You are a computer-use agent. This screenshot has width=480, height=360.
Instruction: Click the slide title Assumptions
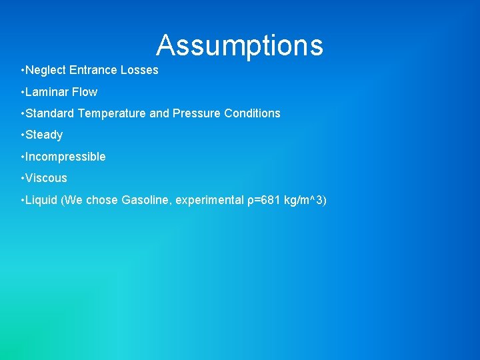click(239, 45)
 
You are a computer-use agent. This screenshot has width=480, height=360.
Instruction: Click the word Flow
click(85, 92)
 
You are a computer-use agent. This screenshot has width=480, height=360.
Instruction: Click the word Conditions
click(252, 113)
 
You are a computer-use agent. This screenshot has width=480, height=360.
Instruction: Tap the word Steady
click(44, 135)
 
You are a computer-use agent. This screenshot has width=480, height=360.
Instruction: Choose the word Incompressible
click(65, 157)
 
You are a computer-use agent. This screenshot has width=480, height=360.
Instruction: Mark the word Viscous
click(46, 178)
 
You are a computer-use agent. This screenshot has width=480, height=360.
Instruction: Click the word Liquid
click(41, 200)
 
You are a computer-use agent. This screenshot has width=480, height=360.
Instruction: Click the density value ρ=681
click(263, 200)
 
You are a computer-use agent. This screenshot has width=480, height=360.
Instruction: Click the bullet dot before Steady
click(23, 135)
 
